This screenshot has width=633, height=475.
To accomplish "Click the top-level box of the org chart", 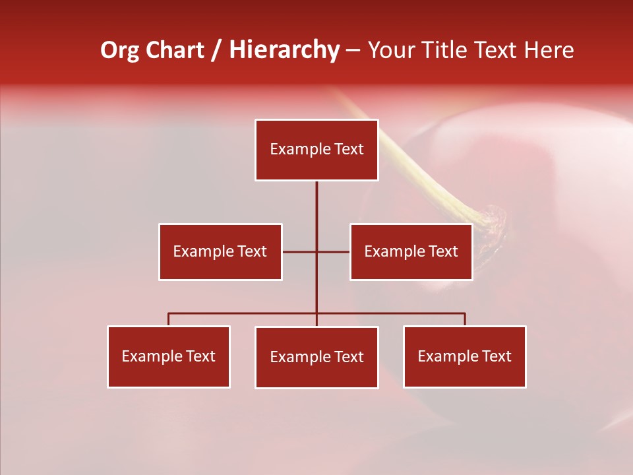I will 316,150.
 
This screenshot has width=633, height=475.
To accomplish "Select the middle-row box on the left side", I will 220,251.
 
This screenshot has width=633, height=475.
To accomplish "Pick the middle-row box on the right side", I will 411,251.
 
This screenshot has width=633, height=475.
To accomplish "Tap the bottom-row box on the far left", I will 169,356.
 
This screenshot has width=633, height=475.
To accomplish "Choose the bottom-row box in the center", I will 316,357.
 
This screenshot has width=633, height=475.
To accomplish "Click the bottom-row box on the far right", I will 465,356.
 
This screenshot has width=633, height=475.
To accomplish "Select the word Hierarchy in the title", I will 284,50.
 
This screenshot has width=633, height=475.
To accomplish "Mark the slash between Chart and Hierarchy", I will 216,50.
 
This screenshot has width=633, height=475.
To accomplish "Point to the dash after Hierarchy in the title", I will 353,51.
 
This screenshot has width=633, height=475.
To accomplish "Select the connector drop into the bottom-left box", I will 169,319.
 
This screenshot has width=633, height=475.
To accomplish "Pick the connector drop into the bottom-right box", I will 465,319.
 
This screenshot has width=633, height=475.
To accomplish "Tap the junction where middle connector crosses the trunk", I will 316,251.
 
